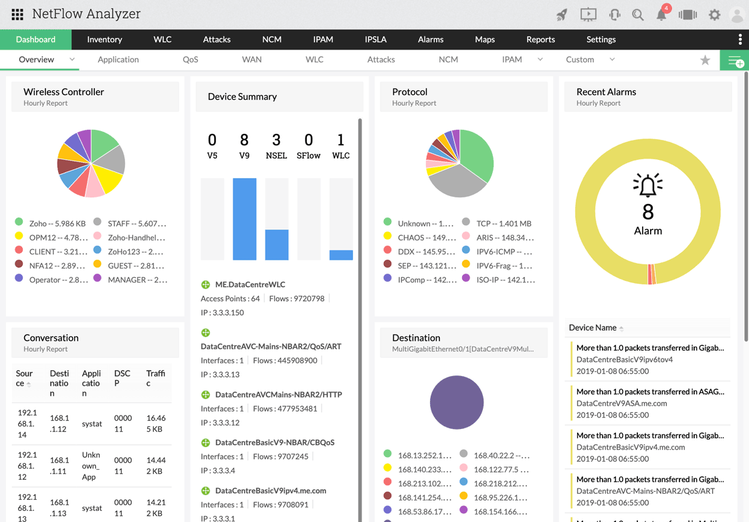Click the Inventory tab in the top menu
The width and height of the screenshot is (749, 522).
[104, 39]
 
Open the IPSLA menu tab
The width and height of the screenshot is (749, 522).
[376, 39]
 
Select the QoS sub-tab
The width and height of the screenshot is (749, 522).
[191, 60]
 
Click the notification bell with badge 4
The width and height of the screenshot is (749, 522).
[661, 15]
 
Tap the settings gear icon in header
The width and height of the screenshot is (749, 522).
[714, 15]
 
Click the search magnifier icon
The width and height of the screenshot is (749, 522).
[638, 15]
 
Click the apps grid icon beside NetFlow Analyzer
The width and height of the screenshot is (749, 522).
[17, 14]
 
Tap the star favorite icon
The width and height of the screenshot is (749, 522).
[705, 60]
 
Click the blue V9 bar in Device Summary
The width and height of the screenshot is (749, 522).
[244, 219]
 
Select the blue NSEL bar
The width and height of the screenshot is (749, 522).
[277, 244]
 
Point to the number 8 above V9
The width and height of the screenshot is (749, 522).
[244, 140]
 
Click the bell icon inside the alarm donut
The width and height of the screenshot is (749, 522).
[647, 185]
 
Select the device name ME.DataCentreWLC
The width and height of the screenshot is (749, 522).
[250, 284]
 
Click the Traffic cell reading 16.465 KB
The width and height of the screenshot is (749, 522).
[156, 423]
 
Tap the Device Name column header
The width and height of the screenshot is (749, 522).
[593, 328]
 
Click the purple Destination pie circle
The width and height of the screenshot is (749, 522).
[457, 402]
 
